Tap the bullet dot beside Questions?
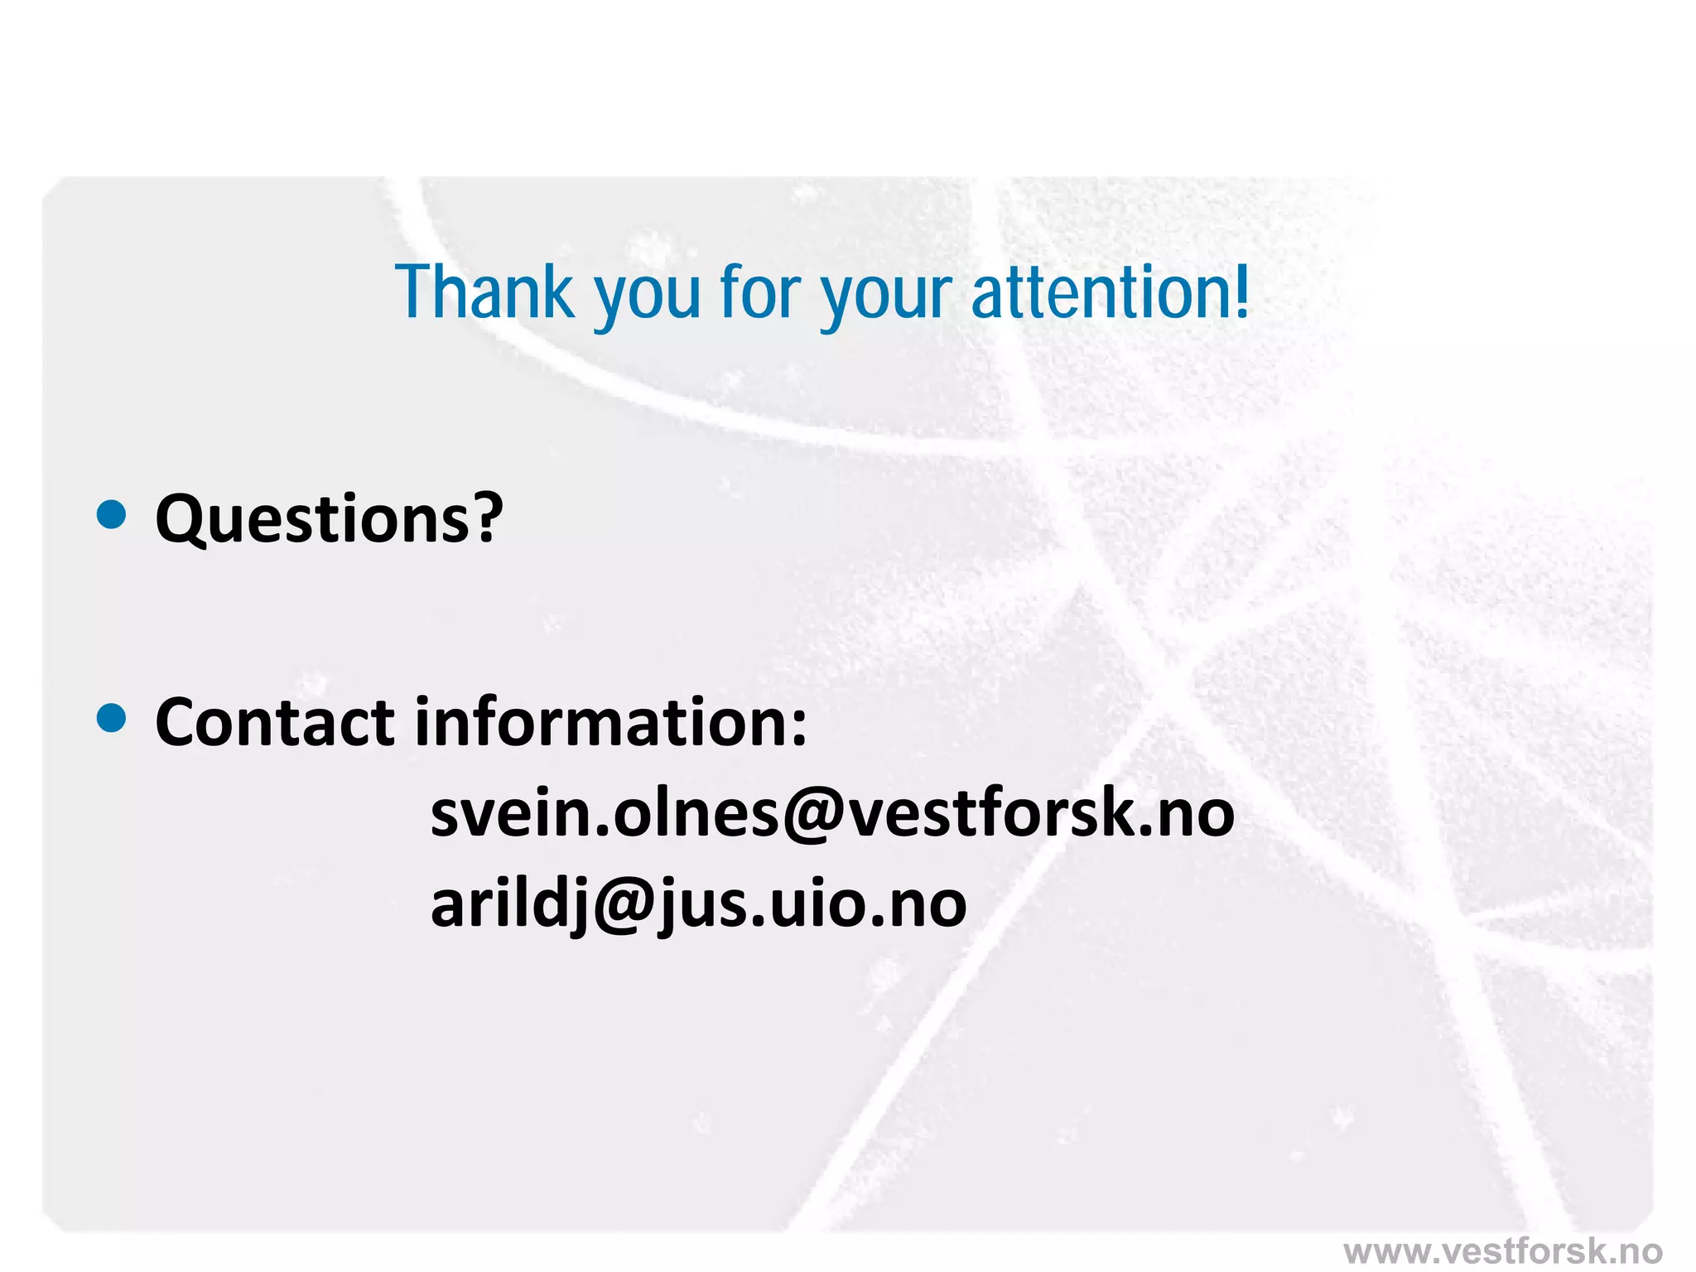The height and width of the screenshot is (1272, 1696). click(111, 515)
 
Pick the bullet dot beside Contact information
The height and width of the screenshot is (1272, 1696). click(111, 719)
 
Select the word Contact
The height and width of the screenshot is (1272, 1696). click(275, 722)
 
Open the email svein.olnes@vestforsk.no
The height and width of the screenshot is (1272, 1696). click(831, 813)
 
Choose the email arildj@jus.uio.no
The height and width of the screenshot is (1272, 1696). click(698, 904)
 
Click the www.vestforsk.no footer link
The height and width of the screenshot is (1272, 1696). click(1502, 1250)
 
